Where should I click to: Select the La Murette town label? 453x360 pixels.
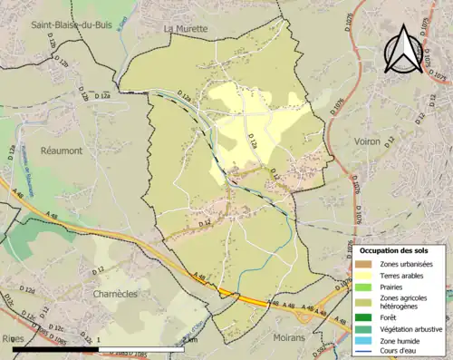tap(186, 29)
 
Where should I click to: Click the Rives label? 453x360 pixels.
tap(14, 337)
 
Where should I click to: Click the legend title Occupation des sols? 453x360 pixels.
tap(394, 249)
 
